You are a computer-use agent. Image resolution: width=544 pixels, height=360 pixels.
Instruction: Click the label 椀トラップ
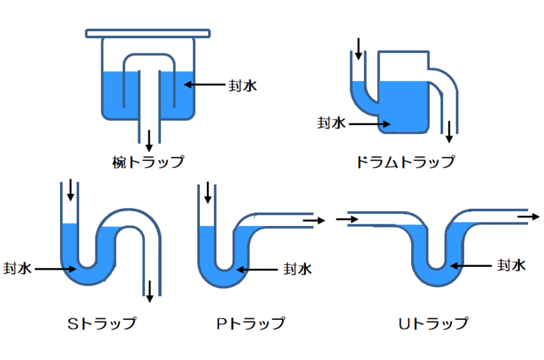click(148, 161)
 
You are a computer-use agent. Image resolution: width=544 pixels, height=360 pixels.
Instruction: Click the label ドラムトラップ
click(405, 162)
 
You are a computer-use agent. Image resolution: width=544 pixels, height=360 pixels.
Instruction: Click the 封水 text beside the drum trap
click(330, 123)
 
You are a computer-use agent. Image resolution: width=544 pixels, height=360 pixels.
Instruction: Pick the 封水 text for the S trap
click(18, 269)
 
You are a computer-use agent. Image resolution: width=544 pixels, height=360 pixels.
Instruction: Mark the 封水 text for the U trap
click(511, 265)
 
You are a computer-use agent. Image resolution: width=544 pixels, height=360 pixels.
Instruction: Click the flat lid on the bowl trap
click(148, 32)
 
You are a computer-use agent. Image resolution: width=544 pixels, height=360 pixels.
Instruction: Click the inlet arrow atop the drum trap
click(358, 48)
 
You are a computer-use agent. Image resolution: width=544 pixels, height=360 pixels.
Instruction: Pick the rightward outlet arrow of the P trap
click(315, 220)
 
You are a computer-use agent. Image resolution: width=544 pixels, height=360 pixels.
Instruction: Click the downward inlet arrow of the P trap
click(208, 192)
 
